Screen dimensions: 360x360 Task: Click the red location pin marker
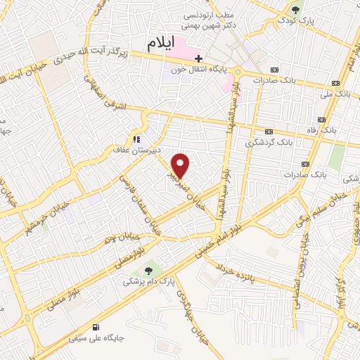181,166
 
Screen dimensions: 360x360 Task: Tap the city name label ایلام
161,44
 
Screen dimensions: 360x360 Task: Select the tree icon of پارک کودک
295,10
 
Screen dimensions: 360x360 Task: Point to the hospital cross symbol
199,58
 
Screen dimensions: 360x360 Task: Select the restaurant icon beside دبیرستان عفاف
136,139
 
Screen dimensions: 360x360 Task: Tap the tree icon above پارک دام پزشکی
148,271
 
